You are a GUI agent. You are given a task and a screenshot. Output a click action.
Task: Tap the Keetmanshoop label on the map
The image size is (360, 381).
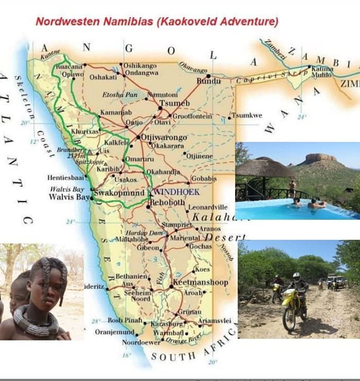click(201, 282)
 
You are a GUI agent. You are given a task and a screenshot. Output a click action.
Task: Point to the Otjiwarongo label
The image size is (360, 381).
click(165, 138)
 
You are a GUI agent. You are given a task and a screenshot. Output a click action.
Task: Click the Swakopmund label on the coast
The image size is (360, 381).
click(119, 193)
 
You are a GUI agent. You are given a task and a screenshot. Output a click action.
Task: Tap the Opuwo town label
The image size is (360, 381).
click(73, 75)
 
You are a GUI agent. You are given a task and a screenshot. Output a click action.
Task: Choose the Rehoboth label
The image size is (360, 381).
click(167, 202)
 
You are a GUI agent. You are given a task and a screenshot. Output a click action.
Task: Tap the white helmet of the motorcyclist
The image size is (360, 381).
click(296, 277)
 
